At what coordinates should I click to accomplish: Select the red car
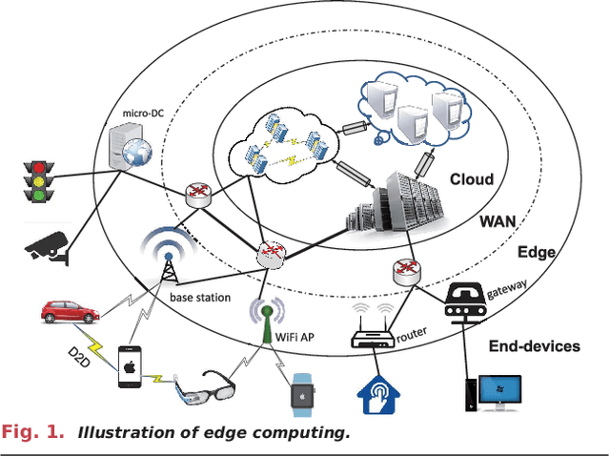pyautogui.click(x=70, y=312)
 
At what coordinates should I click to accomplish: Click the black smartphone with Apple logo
pyautogui.click(x=131, y=367)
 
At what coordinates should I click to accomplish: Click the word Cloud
pyautogui.click(x=472, y=178)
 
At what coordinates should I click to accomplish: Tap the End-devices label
pyautogui.click(x=534, y=346)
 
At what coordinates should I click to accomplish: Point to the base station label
pyautogui.click(x=200, y=298)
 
